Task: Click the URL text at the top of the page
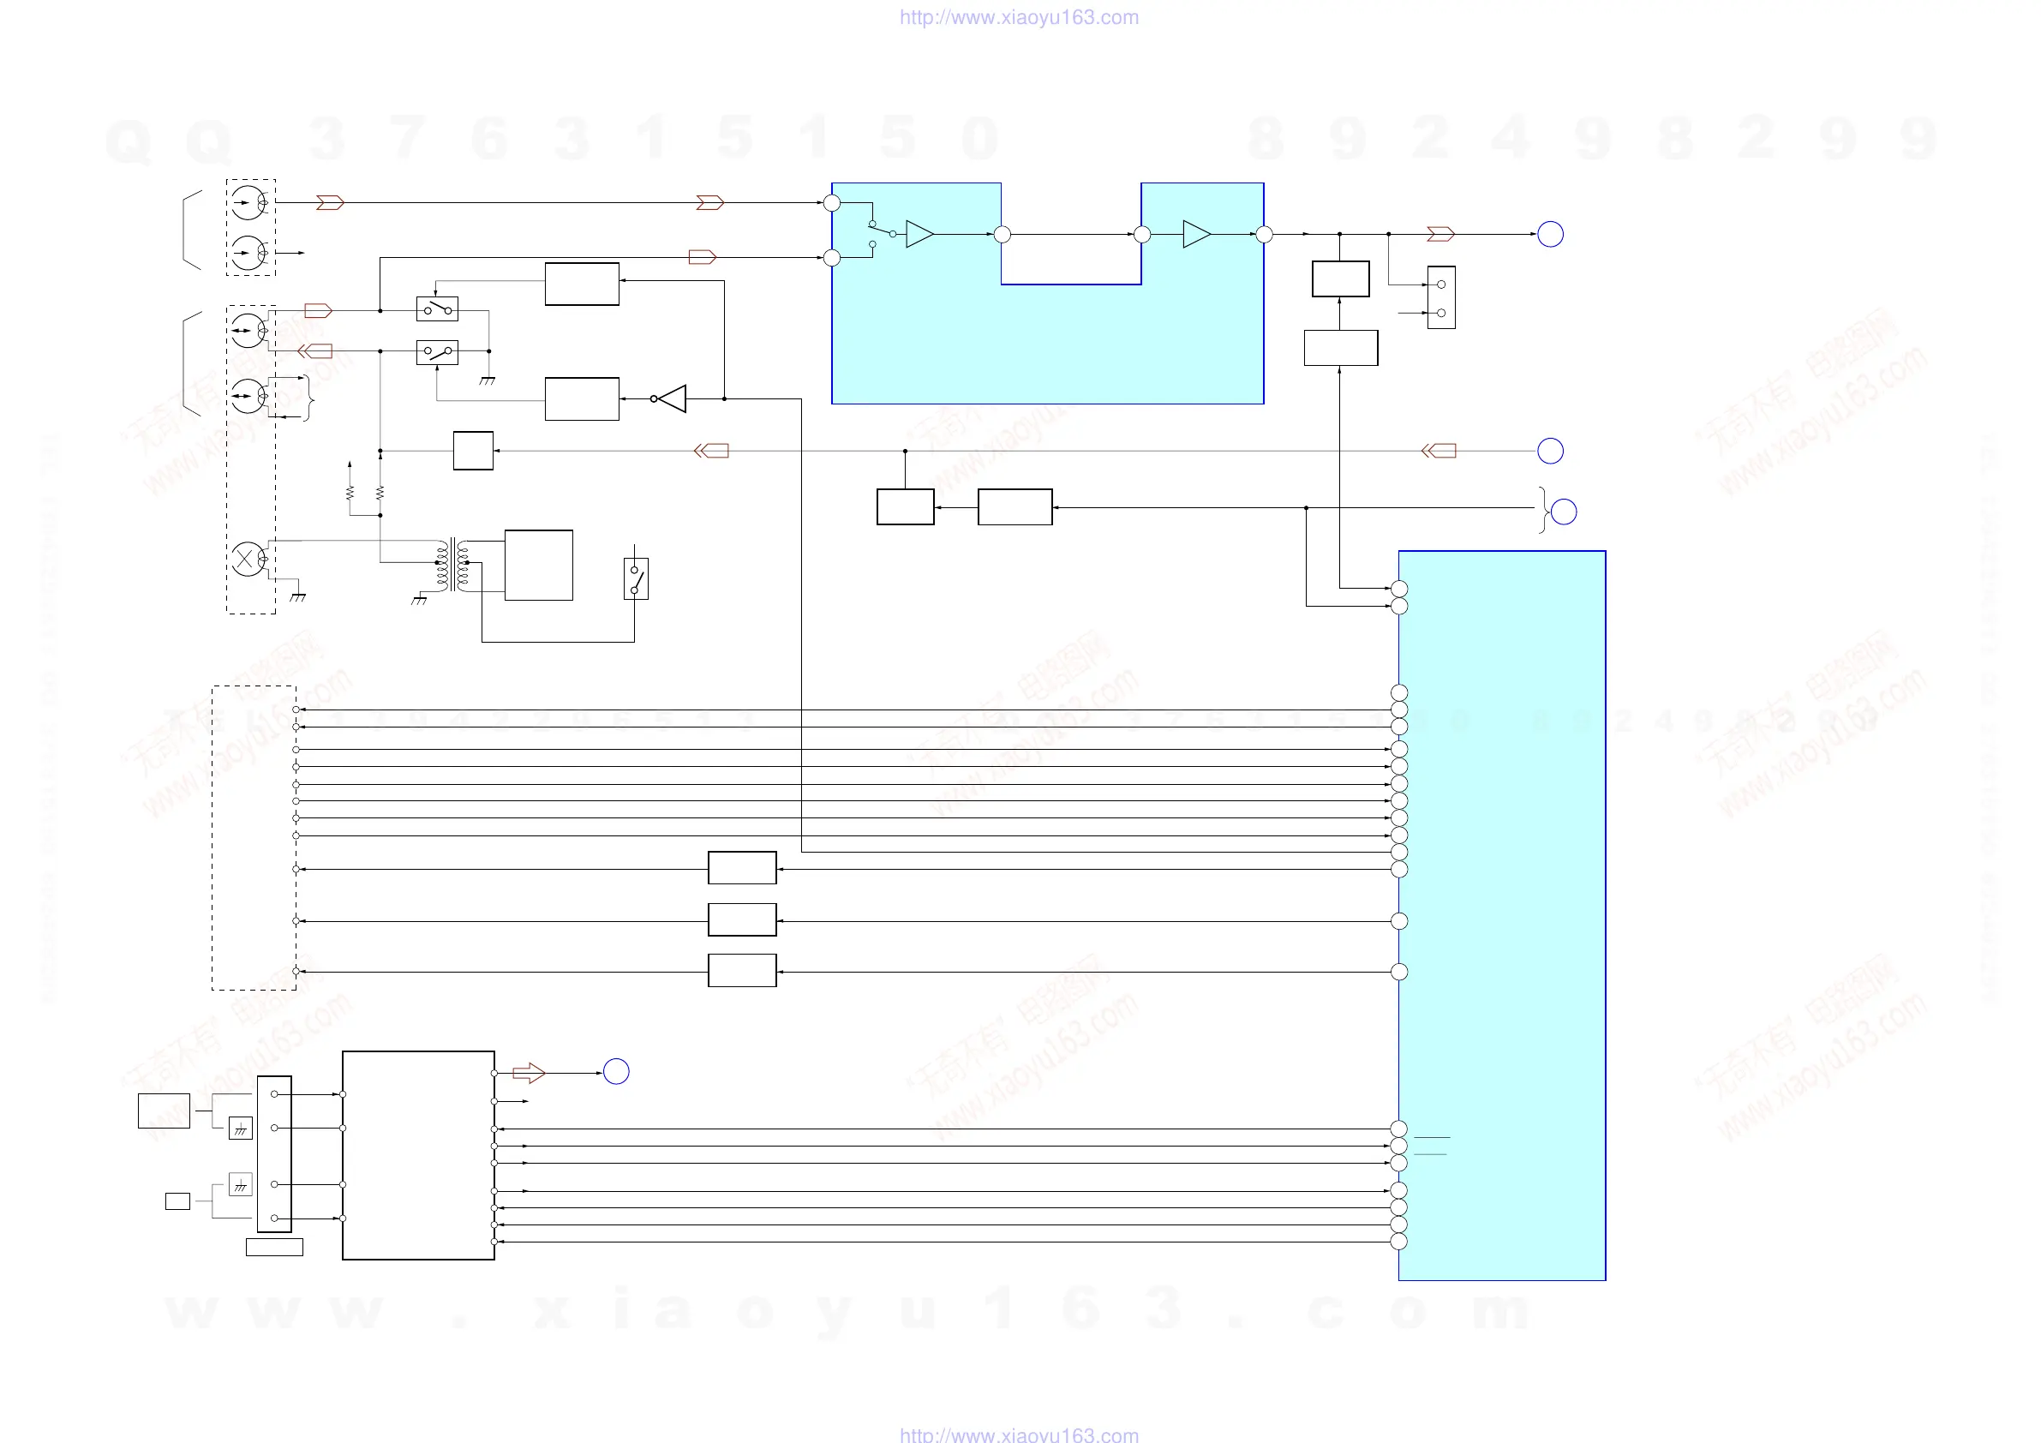pyautogui.click(x=1019, y=17)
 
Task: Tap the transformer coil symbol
pyautogui.click(x=452, y=564)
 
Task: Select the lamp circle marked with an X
pyautogui.click(x=246, y=560)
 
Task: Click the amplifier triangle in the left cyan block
pyautogui.click(x=919, y=234)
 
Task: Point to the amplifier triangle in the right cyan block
pyautogui.click(x=1196, y=234)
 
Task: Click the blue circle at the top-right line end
pyautogui.click(x=1550, y=234)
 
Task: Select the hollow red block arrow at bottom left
pyautogui.click(x=529, y=1073)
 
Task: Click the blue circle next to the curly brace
pyautogui.click(x=1564, y=512)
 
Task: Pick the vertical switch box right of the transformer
pyautogui.click(x=636, y=578)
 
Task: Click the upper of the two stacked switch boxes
pyautogui.click(x=437, y=308)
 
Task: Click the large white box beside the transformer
pyautogui.click(x=539, y=565)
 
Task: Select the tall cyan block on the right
pyautogui.click(x=1501, y=915)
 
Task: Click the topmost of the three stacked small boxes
pyautogui.click(x=742, y=868)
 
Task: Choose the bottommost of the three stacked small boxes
pyautogui.click(x=742, y=970)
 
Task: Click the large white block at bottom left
pyautogui.click(x=418, y=1155)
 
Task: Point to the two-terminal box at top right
pyautogui.click(x=1441, y=298)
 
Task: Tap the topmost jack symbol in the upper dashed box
pyautogui.click(x=248, y=203)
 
